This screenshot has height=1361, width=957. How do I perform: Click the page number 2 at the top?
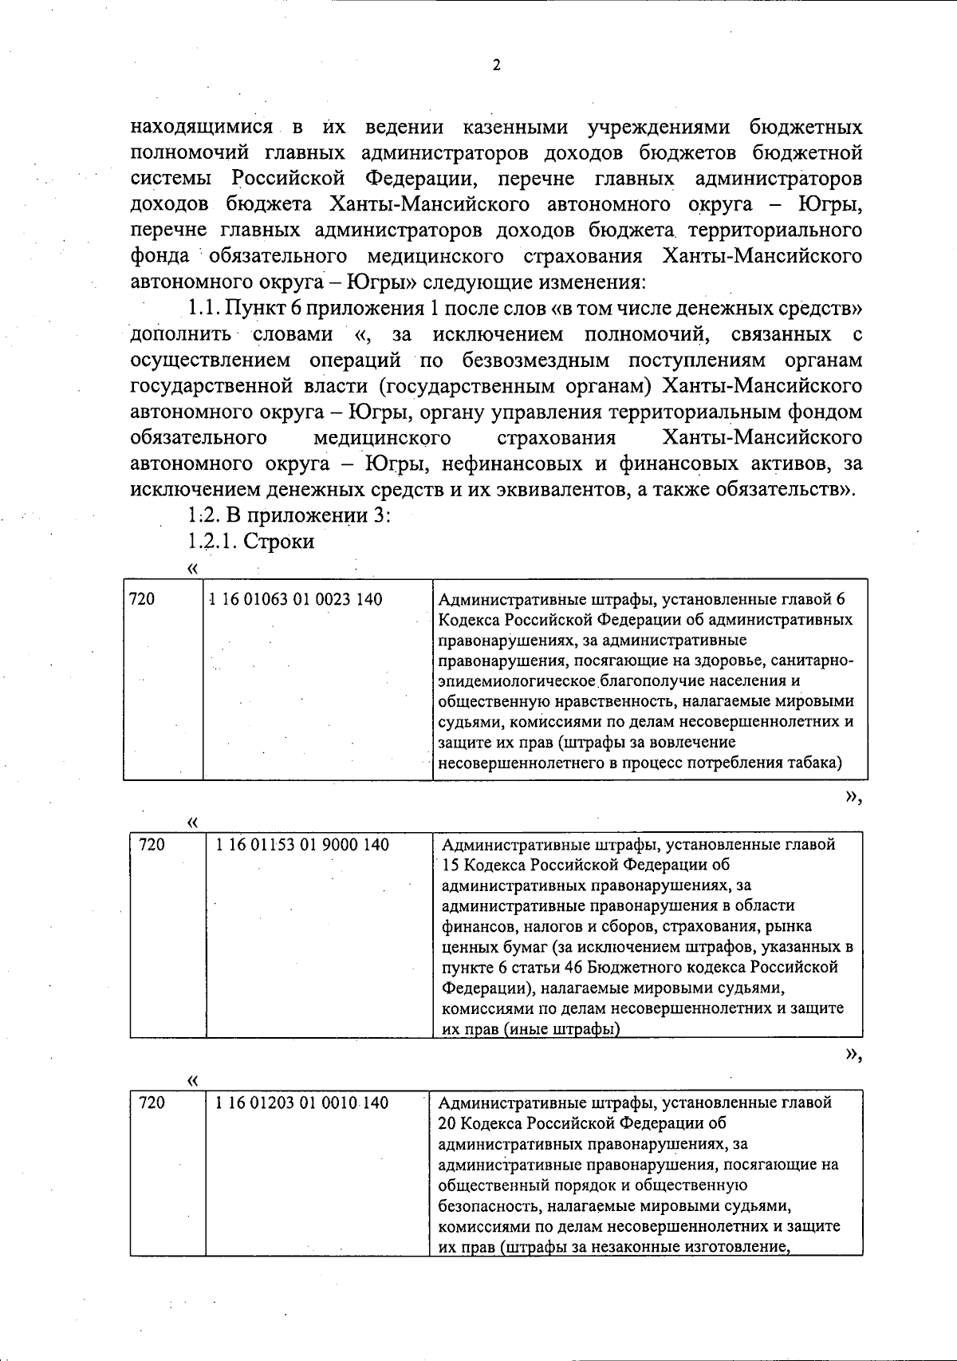pyautogui.click(x=496, y=66)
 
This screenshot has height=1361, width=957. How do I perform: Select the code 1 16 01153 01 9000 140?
pyautogui.click(x=302, y=844)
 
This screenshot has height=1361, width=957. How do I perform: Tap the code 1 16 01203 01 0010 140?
pyautogui.click(x=302, y=1103)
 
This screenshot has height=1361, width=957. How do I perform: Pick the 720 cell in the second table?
pyautogui.click(x=152, y=844)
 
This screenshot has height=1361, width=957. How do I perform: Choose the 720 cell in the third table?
pyautogui.click(x=152, y=1103)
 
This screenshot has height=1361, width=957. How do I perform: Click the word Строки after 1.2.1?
pyautogui.click(x=278, y=541)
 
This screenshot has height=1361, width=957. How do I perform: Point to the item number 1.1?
pyautogui.click(x=205, y=307)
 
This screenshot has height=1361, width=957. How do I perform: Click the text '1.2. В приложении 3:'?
pyautogui.click(x=288, y=515)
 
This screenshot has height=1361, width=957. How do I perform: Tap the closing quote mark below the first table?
pyautogui.click(x=853, y=797)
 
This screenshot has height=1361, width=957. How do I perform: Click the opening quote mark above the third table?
pyautogui.click(x=191, y=1080)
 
